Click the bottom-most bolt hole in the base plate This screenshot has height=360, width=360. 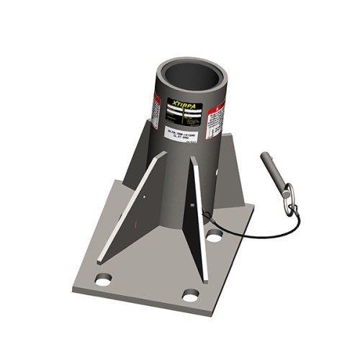click(190, 295)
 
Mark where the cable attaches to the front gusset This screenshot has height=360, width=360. click(202, 210)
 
